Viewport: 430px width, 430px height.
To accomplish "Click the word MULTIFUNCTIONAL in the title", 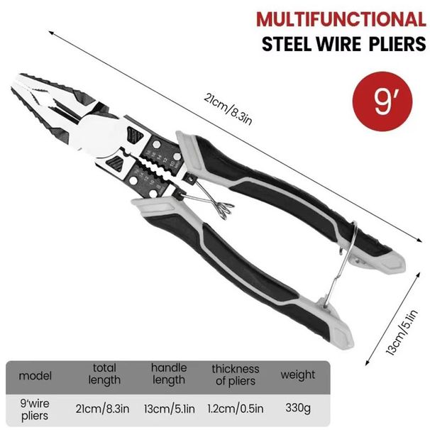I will (341, 18).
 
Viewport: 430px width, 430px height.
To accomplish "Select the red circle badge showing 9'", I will (382, 102).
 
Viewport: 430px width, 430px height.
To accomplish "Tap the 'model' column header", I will (35, 374).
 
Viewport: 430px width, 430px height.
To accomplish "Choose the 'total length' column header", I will (104, 374).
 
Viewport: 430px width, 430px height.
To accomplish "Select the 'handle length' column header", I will (168, 374).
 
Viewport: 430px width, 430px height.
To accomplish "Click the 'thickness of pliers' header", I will (236, 374).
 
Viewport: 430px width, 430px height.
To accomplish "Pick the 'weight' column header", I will (297, 374).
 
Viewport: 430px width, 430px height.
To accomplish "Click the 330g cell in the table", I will (297, 409).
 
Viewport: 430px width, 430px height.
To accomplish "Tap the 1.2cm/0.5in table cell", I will (236, 409).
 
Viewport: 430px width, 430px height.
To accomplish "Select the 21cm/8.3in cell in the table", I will (104, 409).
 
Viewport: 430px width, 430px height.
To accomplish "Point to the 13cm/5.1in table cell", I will (168, 409).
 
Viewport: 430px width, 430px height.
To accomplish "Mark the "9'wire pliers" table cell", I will (35, 409).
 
